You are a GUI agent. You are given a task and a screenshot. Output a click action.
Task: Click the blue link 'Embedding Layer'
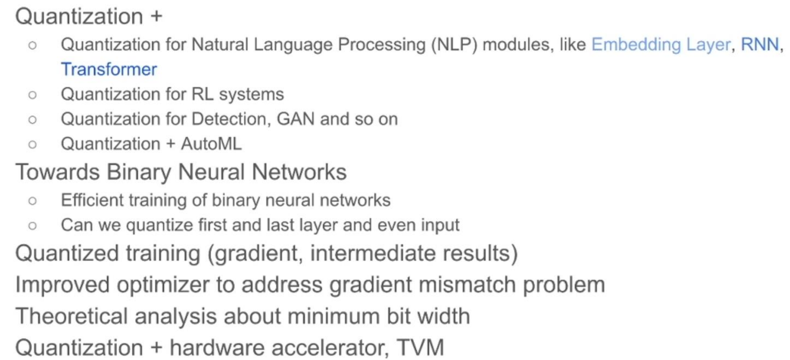tap(660, 45)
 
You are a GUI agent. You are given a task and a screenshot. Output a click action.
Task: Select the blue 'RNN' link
tap(759, 45)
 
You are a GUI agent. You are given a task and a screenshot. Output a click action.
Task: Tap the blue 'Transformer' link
tap(109, 70)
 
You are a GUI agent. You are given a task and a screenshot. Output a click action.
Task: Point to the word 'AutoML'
tap(211, 144)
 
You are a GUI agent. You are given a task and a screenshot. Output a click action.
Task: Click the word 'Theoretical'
tap(71, 316)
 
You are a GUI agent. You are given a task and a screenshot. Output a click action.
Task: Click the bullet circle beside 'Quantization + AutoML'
tap(32, 144)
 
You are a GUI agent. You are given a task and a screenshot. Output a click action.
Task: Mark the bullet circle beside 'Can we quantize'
tap(32, 226)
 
